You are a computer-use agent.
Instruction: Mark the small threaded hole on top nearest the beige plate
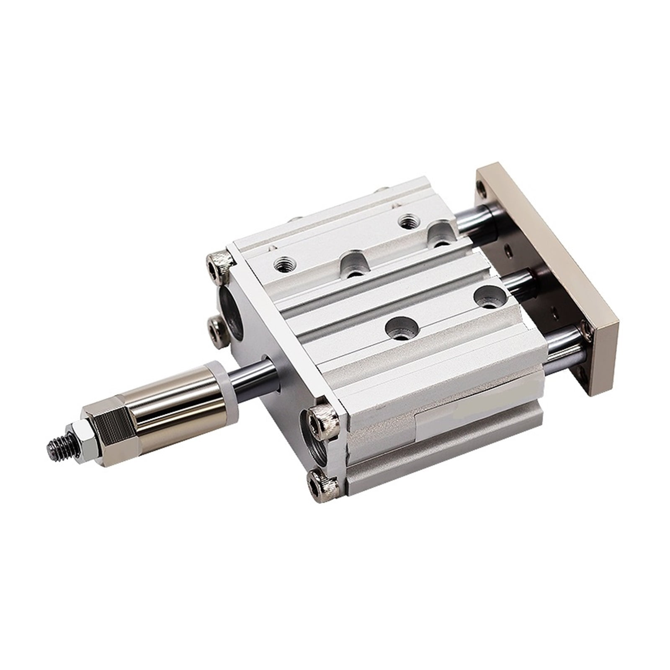coord(407,221)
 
